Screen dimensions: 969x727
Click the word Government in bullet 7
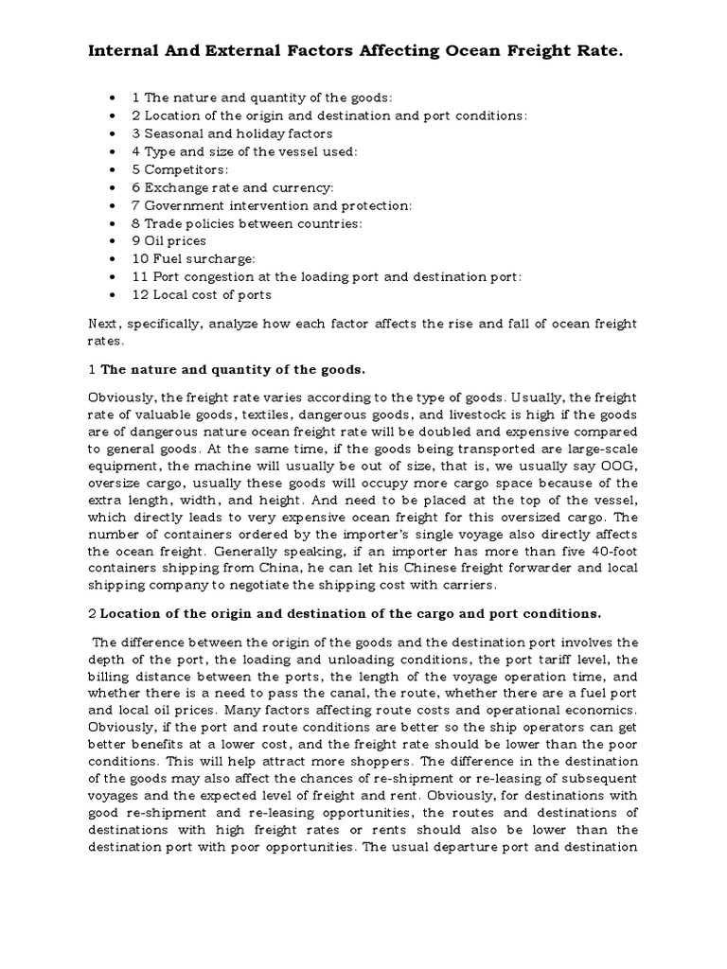click(186, 205)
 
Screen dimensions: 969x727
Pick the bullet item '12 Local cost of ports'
click(202, 294)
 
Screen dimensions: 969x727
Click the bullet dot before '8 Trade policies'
click(115, 223)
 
